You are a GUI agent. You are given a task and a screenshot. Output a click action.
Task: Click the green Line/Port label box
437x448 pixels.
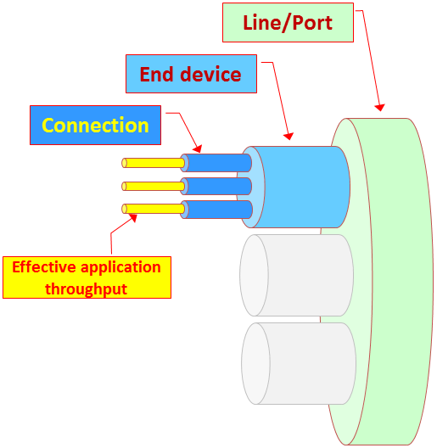(288, 23)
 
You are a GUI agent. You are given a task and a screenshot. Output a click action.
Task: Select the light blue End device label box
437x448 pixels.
(191, 74)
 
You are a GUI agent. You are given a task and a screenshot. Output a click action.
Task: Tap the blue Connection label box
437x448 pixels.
(95, 125)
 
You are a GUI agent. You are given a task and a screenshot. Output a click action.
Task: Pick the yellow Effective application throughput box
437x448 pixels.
(87, 277)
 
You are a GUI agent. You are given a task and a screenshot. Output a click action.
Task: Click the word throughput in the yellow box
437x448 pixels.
(86, 289)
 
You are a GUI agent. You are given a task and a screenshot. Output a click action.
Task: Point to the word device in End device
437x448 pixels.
(211, 75)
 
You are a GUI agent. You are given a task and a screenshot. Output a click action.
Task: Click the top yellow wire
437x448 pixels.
(154, 163)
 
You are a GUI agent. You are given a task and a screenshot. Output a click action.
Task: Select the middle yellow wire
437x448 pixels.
(154, 187)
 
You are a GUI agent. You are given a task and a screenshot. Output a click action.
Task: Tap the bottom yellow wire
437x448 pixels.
(154, 209)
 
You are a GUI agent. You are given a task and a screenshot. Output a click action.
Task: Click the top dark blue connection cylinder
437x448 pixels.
(216, 163)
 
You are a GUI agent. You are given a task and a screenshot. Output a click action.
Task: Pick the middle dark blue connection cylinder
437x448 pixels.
(216, 187)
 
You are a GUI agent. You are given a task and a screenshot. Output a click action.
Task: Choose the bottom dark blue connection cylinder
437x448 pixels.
(216, 210)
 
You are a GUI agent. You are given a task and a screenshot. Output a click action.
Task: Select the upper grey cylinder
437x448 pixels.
(297, 276)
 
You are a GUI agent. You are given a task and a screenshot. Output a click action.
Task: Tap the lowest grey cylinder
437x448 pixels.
(299, 363)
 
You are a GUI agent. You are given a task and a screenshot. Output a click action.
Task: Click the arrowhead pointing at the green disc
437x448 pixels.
(380, 108)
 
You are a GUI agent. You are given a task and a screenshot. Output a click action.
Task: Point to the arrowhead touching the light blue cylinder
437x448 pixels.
(289, 137)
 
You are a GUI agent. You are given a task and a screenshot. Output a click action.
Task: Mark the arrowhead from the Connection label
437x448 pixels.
(198, 148)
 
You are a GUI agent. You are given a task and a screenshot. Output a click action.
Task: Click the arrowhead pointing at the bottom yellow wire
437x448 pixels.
(133, 218)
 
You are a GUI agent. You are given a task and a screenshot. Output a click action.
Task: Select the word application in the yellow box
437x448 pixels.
(120, 268)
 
